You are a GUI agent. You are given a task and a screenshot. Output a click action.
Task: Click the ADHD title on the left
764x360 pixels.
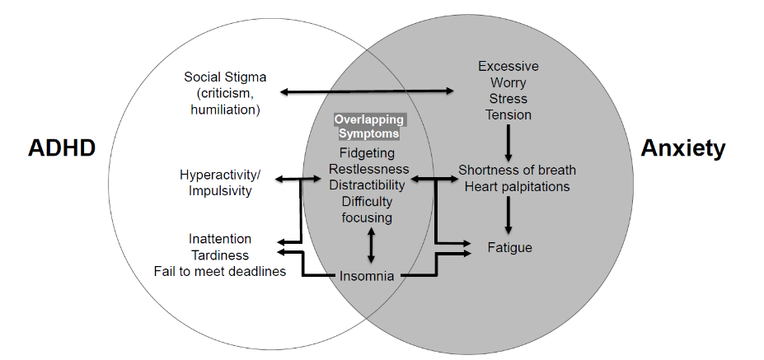(x=62, y=148)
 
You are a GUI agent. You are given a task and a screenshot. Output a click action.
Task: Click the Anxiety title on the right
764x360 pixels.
(x=683, y=148)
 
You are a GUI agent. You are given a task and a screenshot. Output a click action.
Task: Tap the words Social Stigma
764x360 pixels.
(x=225, y=77)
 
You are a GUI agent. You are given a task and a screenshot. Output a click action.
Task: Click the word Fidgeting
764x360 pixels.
(x=367, y=153)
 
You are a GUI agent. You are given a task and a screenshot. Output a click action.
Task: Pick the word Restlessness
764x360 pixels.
(x=368, y=169)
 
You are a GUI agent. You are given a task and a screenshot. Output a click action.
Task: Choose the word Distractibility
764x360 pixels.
(x=368, y=185)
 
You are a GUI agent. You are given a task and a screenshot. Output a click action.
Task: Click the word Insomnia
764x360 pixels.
(x=367, y=276)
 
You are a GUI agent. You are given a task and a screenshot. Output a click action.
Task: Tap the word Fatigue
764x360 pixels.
(x=509, y=247)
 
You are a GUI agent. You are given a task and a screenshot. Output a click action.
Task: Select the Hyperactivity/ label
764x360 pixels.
(x=220, y=175)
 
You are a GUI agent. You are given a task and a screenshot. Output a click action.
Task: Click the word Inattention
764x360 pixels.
(x=220, y=239)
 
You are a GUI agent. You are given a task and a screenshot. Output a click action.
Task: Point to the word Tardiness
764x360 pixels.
(x=220, y=255)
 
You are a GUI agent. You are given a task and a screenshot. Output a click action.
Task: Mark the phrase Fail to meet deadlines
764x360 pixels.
(x=220, y=270)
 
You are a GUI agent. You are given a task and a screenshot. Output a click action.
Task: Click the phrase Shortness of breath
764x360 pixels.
(x=517, y=171)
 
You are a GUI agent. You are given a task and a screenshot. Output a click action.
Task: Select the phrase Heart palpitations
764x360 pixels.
(x=517, y=186)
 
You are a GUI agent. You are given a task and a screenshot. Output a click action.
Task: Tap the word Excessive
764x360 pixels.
(x=509, y=66)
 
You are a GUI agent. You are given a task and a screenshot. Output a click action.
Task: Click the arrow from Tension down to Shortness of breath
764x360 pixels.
(x=509, y=143)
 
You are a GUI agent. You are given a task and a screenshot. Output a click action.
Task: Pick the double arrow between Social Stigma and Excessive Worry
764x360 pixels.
(x=368, y=91)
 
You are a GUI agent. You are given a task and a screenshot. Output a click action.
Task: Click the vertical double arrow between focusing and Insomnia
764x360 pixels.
(x=371, y=245)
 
